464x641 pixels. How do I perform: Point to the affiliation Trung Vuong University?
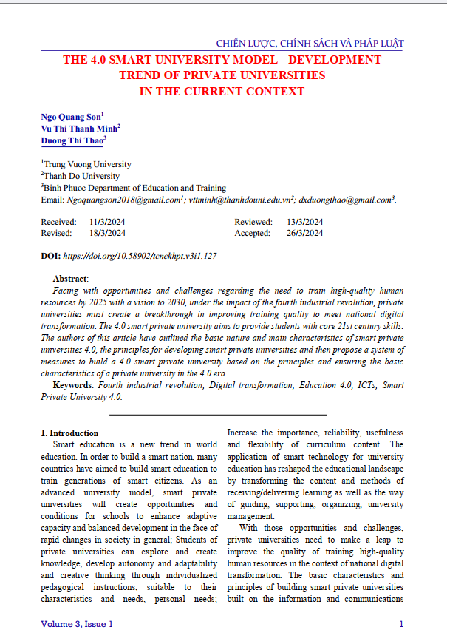87,164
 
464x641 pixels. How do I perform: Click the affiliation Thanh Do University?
81,176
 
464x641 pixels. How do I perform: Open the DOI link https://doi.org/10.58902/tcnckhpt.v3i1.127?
140,256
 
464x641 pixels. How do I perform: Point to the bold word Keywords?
73,385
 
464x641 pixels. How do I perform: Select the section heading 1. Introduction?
69,433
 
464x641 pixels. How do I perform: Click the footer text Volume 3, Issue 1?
77,624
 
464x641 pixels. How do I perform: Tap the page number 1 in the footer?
400,624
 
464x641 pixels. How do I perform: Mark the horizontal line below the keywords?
222,415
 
